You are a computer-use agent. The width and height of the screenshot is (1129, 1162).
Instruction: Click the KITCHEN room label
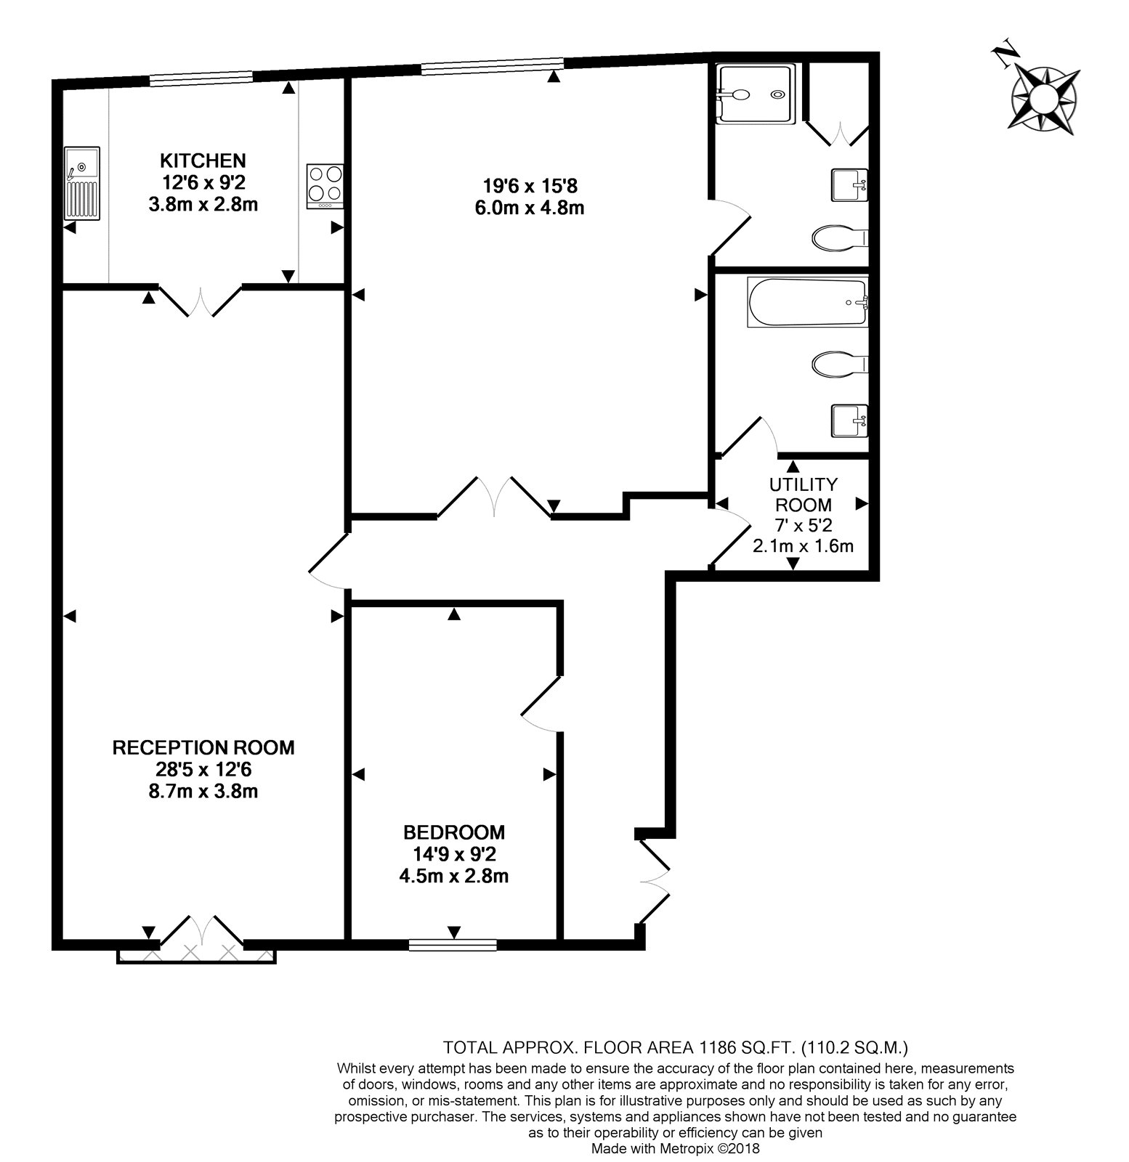203,160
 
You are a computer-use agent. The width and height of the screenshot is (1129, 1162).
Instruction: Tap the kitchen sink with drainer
82,184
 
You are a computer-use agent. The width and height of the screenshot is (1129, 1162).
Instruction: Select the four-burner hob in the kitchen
325,187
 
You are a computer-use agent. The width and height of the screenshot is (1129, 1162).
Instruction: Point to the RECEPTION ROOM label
203,747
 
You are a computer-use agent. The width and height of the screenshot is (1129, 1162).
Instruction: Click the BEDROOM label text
454,832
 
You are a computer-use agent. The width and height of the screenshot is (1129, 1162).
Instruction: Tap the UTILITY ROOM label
803,494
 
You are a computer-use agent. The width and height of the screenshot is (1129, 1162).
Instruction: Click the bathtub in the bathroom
807,303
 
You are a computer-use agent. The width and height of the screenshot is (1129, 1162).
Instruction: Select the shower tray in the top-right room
756,94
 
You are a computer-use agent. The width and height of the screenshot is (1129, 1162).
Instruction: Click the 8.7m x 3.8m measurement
203,791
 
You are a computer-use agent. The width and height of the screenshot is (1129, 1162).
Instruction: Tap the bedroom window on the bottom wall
453,945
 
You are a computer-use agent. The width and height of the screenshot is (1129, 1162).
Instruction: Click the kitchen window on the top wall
201,78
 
